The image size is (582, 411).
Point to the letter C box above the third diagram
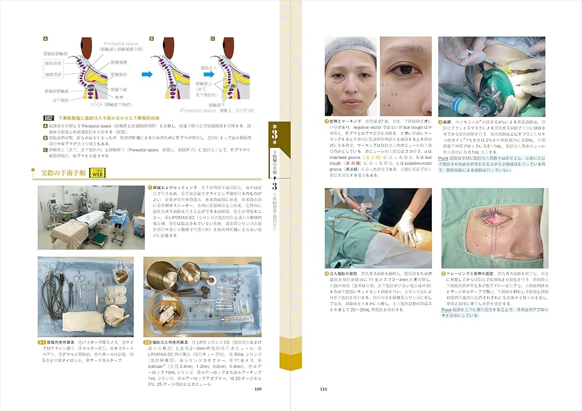click(213, 40)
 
